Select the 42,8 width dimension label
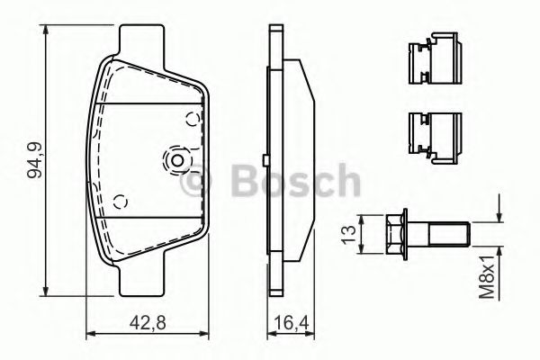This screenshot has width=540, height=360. pyautogui.click(x=148, y=323)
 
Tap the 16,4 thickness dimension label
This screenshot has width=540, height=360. pyautogui.click(x=292, y=323)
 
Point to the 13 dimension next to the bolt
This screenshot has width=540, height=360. pyautogui.click(x=348, y=235)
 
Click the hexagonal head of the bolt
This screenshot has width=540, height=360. pyautogui.click(x=397, y=234)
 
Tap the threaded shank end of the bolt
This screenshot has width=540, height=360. pyautogui.click(x=449, y=235)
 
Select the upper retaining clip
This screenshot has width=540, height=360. pyautogui.click(x=435, y=58)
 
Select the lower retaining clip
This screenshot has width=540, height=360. pyautogui.click(x=435, y=138)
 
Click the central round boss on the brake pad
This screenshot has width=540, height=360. pyautogui.click(x=177, y=160)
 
